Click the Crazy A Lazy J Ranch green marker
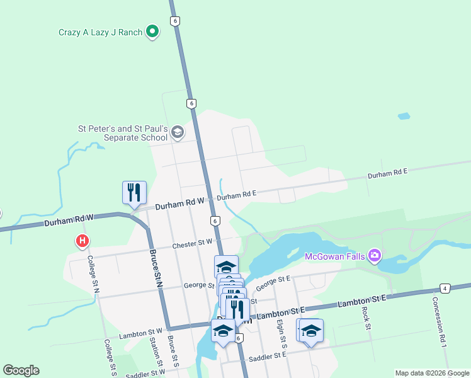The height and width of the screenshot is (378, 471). [152, 31]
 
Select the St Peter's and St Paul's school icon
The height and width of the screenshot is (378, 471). [178, 132]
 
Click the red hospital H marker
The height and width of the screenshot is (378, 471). [82, 241]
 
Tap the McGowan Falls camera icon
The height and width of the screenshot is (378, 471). [375, 255]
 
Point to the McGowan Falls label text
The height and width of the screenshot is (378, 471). [336, 256]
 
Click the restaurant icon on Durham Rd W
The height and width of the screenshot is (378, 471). [134, 192]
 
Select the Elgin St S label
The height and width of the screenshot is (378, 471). [281, 333]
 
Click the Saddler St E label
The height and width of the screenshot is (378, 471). [268, 355]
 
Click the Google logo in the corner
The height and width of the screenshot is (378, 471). [21, 370]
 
